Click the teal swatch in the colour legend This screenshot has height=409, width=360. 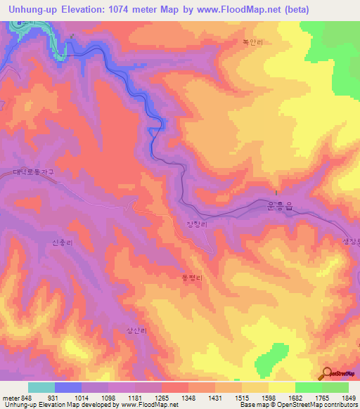point(41,387)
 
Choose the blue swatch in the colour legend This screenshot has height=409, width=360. point(67,387)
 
